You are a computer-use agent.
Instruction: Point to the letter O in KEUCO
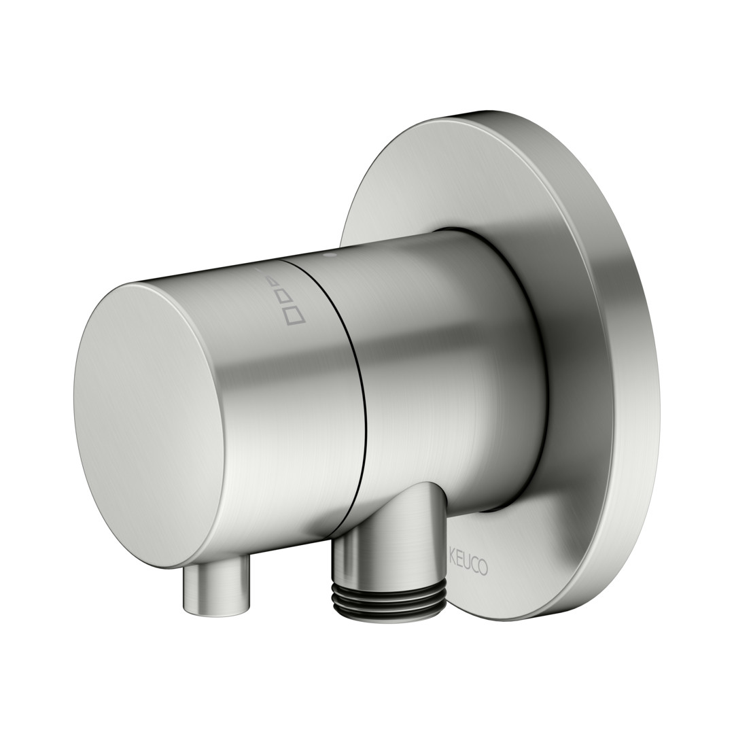coord(483,568)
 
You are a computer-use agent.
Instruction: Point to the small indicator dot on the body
coord(332,256)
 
